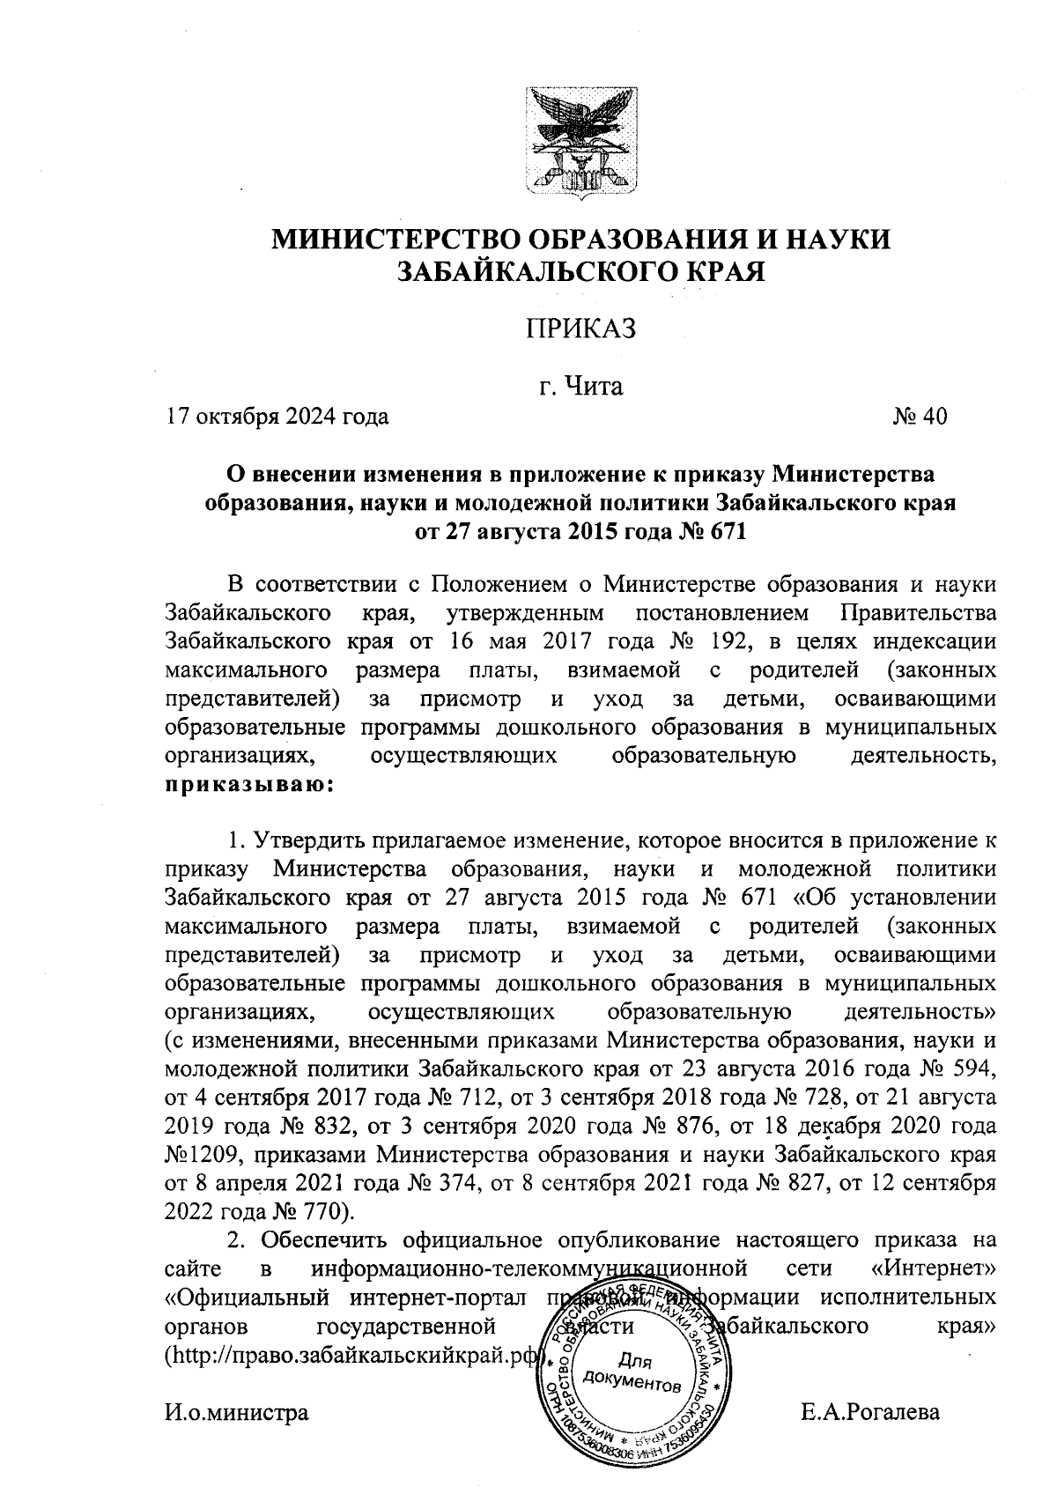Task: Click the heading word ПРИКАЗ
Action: click(x=580, y=329)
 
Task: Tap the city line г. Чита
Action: click(x=580, y=386)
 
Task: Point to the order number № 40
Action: click(x=919, y=416)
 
